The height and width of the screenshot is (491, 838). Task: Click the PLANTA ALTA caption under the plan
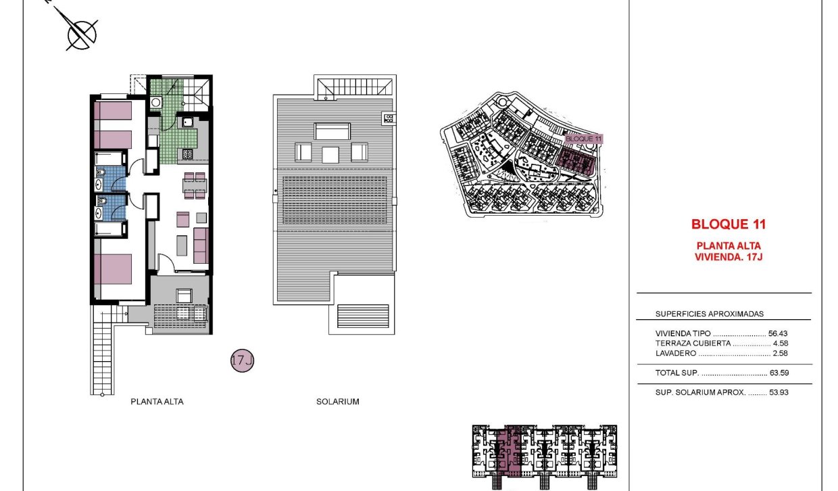point(157,402)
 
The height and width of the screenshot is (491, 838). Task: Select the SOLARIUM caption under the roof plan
point(337,402)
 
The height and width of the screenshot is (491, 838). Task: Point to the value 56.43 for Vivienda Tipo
point(778,333)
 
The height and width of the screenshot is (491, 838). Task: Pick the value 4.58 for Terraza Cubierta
point(780,344)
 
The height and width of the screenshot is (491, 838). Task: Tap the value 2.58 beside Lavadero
point(780,353)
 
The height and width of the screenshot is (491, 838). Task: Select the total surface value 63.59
point(778,373)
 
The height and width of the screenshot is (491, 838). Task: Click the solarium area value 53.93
point(778,392)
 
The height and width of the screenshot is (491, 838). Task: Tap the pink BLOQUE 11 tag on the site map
point(583,138)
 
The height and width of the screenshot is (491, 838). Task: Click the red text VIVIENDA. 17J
point(729,256)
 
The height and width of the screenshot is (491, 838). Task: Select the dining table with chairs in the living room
point(194,187)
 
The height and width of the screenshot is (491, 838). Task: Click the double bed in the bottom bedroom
point(112,268)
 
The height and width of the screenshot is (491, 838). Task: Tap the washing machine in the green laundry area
point(155,102)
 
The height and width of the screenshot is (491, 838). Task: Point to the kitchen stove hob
point(187,155)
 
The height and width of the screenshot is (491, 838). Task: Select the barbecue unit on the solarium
point(389,119)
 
